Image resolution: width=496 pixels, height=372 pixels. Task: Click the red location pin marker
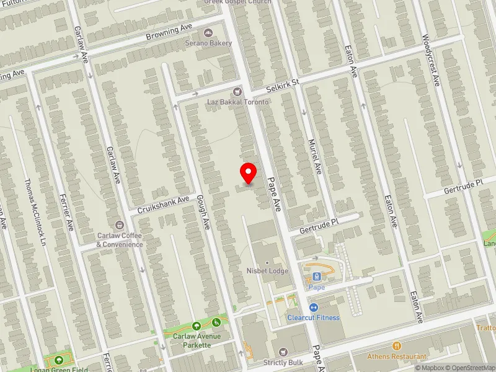coord(249,173)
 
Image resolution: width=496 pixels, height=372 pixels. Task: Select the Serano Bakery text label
coord(208,43)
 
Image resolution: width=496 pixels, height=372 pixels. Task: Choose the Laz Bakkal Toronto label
coord(237,102)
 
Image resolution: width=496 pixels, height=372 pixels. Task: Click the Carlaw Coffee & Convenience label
coord(120,240)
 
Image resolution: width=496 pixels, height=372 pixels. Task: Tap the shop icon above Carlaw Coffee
coord(120,224)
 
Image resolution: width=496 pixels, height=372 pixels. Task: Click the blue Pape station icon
coord(317,277)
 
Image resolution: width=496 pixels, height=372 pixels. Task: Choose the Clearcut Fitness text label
coord(313,317)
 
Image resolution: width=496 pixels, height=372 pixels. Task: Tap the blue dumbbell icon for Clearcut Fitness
coord(313,308)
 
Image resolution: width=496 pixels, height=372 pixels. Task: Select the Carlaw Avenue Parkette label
coord(197,340)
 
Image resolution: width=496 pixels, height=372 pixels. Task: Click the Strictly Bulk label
coord(283,362)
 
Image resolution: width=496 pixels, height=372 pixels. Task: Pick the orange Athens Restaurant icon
coord(397,346)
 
